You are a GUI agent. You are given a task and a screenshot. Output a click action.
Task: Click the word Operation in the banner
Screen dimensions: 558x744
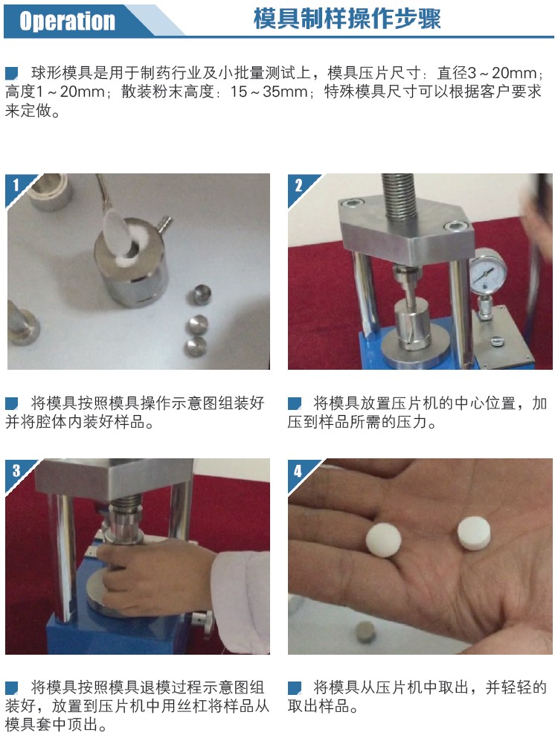click(x=67, y=21)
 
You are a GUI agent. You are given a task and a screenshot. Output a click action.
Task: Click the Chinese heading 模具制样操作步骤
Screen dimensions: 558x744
click(x=347, y=19)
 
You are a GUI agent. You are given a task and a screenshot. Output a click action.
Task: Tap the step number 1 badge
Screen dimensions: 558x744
click(x=16, y=185)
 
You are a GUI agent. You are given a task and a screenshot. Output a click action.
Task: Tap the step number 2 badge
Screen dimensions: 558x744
click(x=298, y=185)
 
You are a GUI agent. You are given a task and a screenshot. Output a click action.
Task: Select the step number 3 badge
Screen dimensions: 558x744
click(x=16, y=470)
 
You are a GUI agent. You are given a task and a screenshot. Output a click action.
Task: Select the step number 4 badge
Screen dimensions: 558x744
click(x=298, y=471)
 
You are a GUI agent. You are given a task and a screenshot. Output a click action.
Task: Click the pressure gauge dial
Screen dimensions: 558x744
click(x=487, y=271)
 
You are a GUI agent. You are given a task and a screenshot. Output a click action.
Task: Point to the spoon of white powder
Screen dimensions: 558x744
click(x=116, y=231)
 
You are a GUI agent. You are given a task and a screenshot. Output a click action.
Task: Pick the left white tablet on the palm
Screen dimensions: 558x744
click(x=383, y=540)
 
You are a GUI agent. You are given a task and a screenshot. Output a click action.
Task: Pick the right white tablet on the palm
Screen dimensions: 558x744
click(x=474, y=533)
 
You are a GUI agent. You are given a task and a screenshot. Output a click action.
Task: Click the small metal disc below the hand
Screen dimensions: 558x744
click(x=365, y=632)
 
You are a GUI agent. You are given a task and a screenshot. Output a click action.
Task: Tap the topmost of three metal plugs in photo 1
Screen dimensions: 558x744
click(x=202, y=295)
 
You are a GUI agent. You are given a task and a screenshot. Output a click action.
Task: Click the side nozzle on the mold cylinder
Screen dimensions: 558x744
click(x=163, y=223)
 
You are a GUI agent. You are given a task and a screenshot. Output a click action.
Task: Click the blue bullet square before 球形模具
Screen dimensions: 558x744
click(x=11, y=73)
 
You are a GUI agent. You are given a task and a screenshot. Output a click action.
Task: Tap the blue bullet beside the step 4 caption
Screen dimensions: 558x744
click(x=295, y=688)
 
